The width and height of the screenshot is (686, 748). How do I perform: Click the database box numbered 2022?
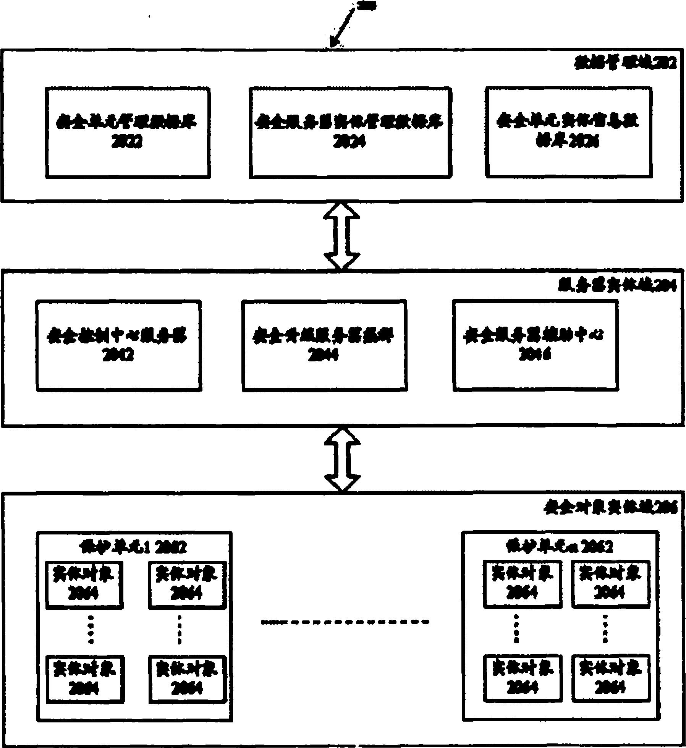pos(128,132)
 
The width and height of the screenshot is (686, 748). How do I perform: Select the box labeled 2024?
pos(350,132)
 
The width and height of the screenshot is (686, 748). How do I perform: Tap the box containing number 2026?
pos(568,132)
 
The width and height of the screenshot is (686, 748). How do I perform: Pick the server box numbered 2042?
pos(118,345)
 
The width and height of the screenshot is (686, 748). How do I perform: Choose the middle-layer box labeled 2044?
pos(324,345)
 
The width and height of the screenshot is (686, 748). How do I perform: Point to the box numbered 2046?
pos(535,345)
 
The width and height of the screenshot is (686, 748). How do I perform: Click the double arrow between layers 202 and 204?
pos(341,235)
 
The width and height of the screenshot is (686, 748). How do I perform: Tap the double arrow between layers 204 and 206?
pos(342,458)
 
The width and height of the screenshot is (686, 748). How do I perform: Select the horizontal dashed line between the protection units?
pos(345,622)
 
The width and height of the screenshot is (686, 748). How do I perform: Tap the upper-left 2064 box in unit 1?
pos(84,584)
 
